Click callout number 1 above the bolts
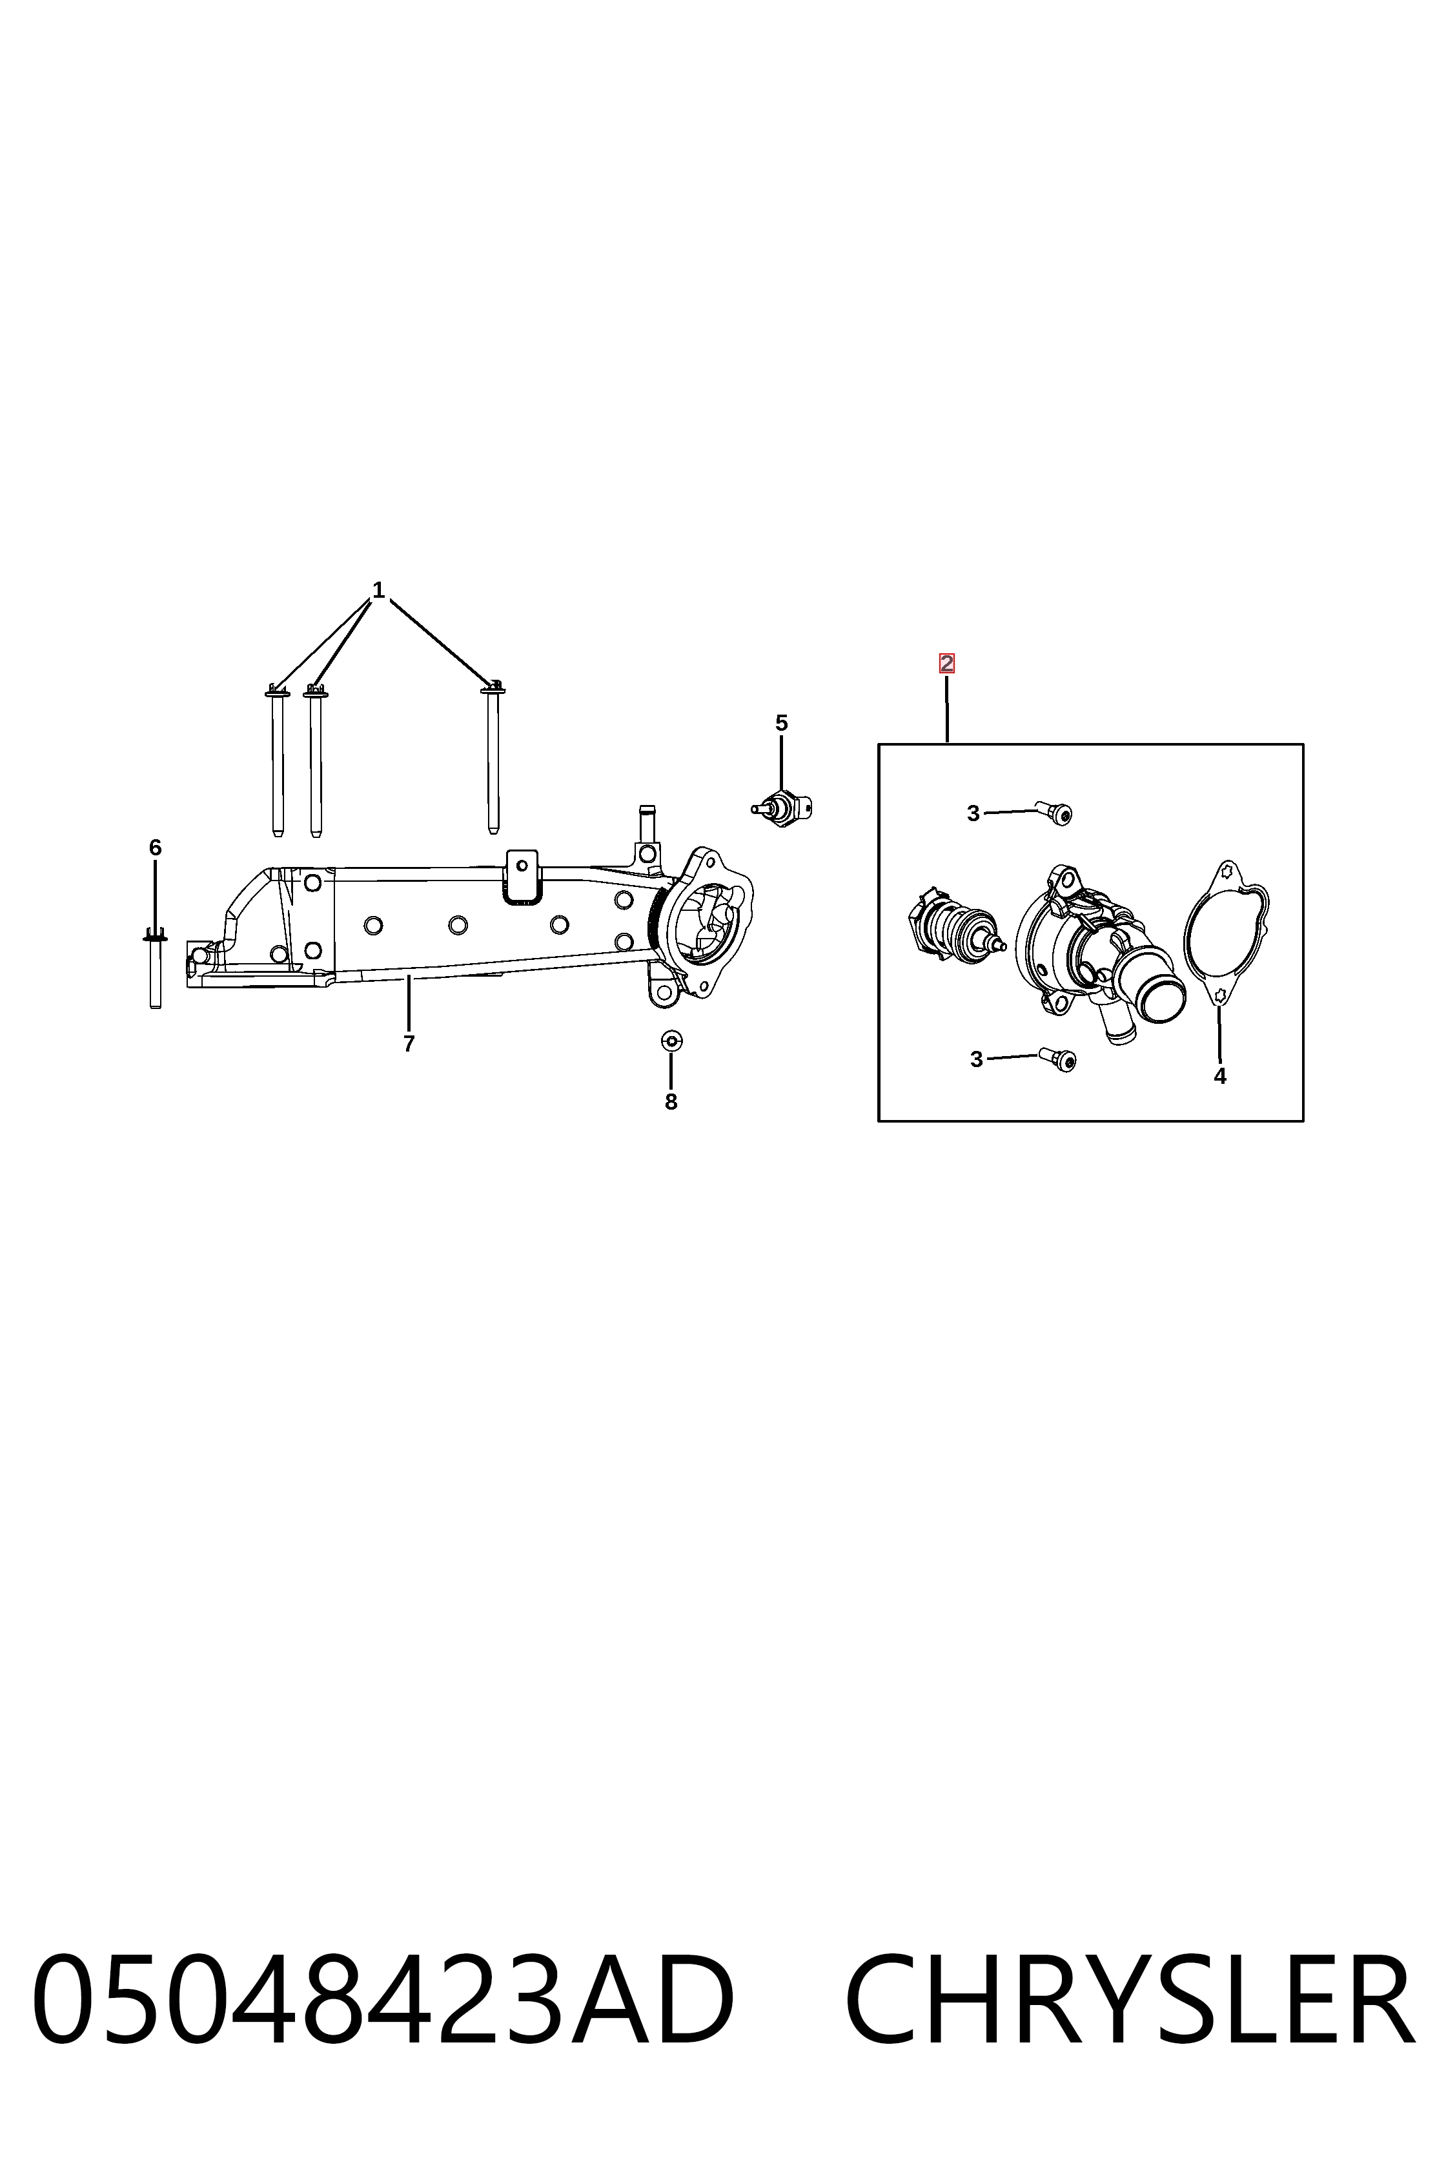pyautogui.click(x=378, y=589)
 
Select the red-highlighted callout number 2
pyautogui.click(x=946, y=663)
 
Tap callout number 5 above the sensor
pyautogui.click(x=781, y=723)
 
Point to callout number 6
pyautogui.click(x=155, y=846)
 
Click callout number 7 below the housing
pyautogui.click(x=409, y=1043)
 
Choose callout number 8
pyautogui.click(x=671, y=1101)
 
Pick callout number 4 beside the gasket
pyautogui.click(x=1219, y=1075)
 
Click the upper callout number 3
pyautogui.click(x=973, y=813)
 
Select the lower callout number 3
pyautogui.click(x=977, y=1059)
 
